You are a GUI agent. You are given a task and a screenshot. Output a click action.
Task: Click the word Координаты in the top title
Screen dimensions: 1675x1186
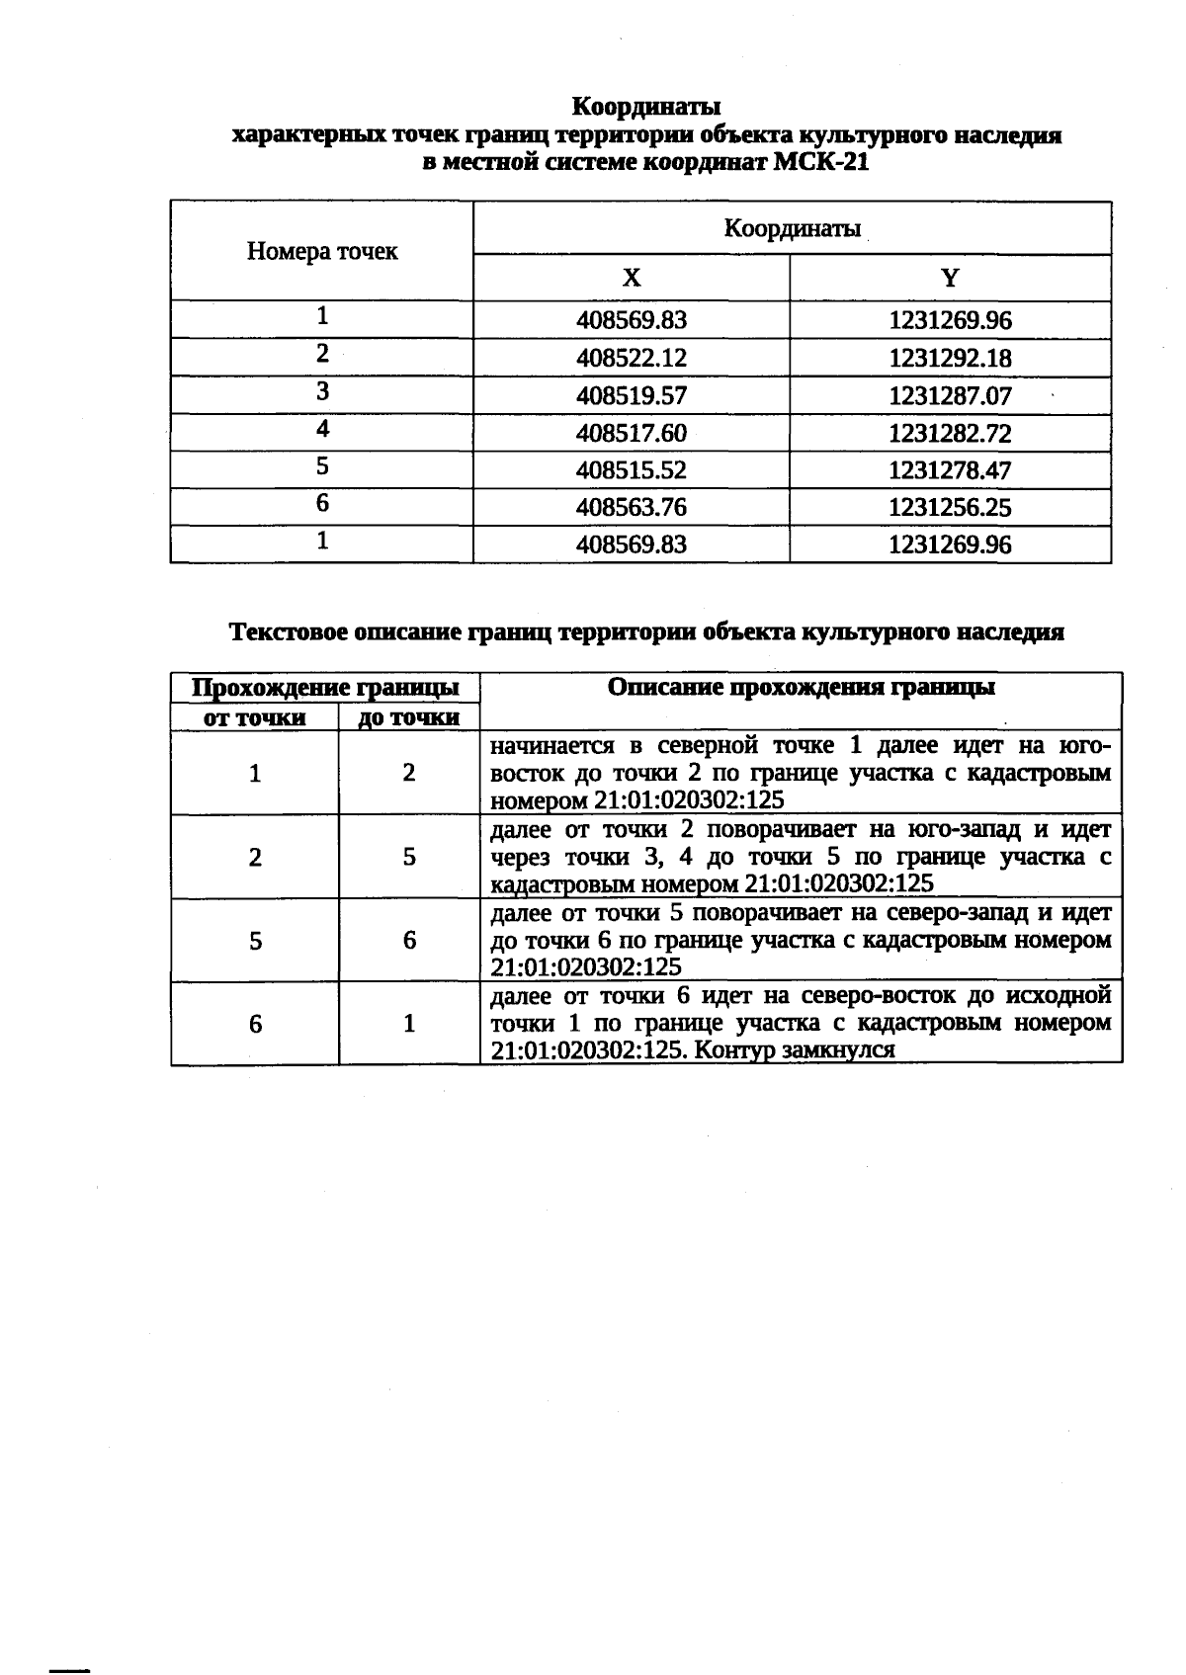pyautogui.click(x=646, y=106)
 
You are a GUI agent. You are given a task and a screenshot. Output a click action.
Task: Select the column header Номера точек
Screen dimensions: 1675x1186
pyautogui.click(x=322, y=251)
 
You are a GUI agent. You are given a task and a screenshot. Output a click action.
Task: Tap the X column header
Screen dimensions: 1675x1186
pyautogui.click(x=632, y=278)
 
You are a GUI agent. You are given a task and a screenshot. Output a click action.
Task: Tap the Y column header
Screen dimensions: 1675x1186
pyautogui.click(x=950, y=278)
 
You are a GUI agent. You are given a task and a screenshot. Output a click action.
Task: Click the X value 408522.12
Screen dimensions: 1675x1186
pyautogui.click(x=631, y=358)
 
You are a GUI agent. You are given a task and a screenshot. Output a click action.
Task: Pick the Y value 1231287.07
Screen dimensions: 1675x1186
pyautogui.click(x=950, y=395)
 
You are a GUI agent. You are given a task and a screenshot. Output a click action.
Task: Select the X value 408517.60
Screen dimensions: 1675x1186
pyautogui.click(x=631, y=433)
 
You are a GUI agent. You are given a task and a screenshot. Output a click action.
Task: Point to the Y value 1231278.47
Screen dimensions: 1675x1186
pyautogui.click(x=950, y=470)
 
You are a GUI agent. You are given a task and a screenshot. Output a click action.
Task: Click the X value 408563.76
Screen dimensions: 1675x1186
pyautogui.click(x=631, y=508)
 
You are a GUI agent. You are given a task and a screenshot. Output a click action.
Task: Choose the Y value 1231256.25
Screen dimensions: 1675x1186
pyautogui.click(x=950, y=508)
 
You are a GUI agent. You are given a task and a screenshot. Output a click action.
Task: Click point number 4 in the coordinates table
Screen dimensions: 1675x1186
pyautogui.click(x=322, y=429)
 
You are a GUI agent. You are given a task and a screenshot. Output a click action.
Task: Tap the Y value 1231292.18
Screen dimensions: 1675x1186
pyautogui.click(x=950, y=358)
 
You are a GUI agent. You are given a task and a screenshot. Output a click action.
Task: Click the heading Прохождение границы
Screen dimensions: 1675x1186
pyautogui.click(x=324, y=688)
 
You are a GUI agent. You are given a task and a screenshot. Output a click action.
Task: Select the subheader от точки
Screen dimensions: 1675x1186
pyautogui.click(x=254, y=717)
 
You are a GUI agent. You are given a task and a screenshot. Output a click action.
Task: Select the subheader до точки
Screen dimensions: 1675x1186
pyautogui.click(x=409, y=717)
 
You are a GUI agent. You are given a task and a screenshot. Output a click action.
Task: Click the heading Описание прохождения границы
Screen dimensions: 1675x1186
pyautogui.click(x=802, y=688)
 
